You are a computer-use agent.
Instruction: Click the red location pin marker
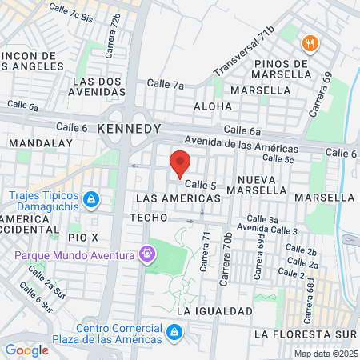tap(180, 164)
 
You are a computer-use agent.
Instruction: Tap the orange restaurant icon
tap(308, 42)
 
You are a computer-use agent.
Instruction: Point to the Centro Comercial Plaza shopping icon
tap(173, 331)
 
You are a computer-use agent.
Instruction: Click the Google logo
tap(26, 350)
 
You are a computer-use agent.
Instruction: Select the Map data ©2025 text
tap(325, 354)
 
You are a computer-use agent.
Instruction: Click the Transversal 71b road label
tap(244, 53)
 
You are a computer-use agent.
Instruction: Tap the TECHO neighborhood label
tap(150, 218)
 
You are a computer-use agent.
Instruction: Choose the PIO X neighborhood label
tap(82, 238)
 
